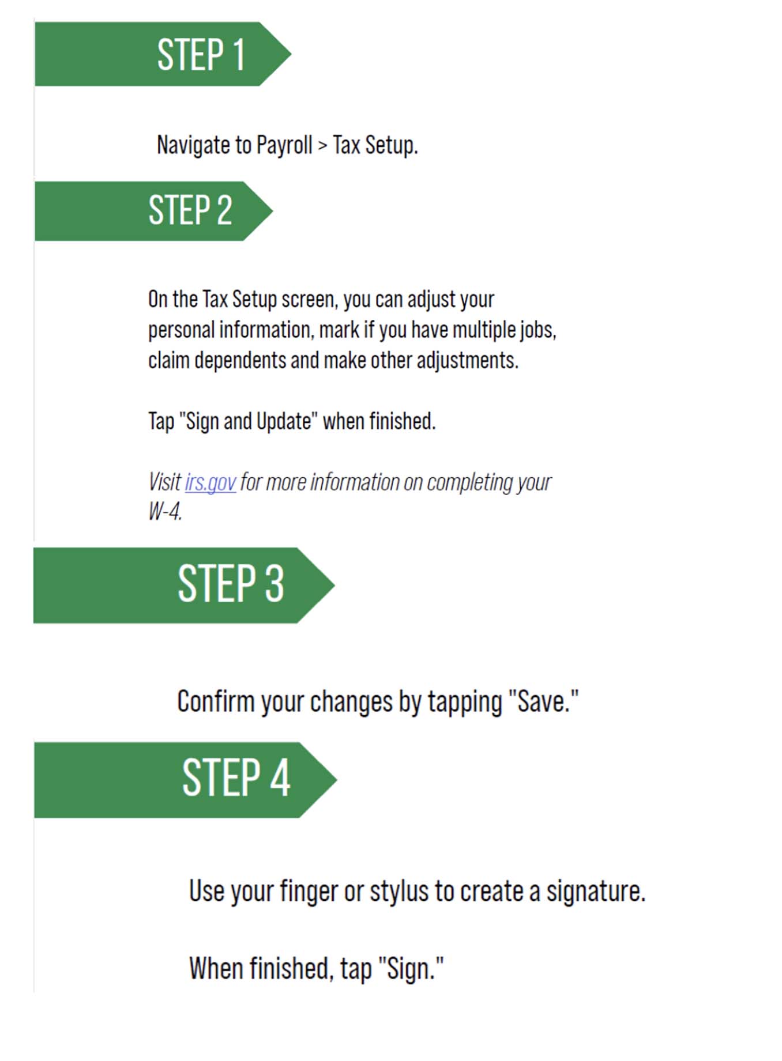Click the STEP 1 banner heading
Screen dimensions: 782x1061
[x=201, y=55]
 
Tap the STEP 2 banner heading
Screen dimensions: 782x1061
[x=190, y=210]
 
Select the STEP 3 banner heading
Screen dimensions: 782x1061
[x=231, y=584]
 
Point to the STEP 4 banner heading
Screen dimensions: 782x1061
[x=236, y=777]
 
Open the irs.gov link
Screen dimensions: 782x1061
[x=210, y=482]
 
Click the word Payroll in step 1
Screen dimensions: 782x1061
[x=284, y=145]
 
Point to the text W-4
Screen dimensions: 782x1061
[x=166, y=511]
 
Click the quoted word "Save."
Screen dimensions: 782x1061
[x=543, y=701]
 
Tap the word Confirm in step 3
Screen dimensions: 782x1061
[x=216, y=701]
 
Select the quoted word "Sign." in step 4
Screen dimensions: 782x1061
[x=411, y=968]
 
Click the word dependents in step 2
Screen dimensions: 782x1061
[x=240, y=361]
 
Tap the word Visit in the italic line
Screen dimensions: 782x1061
[x=164, y=482]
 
